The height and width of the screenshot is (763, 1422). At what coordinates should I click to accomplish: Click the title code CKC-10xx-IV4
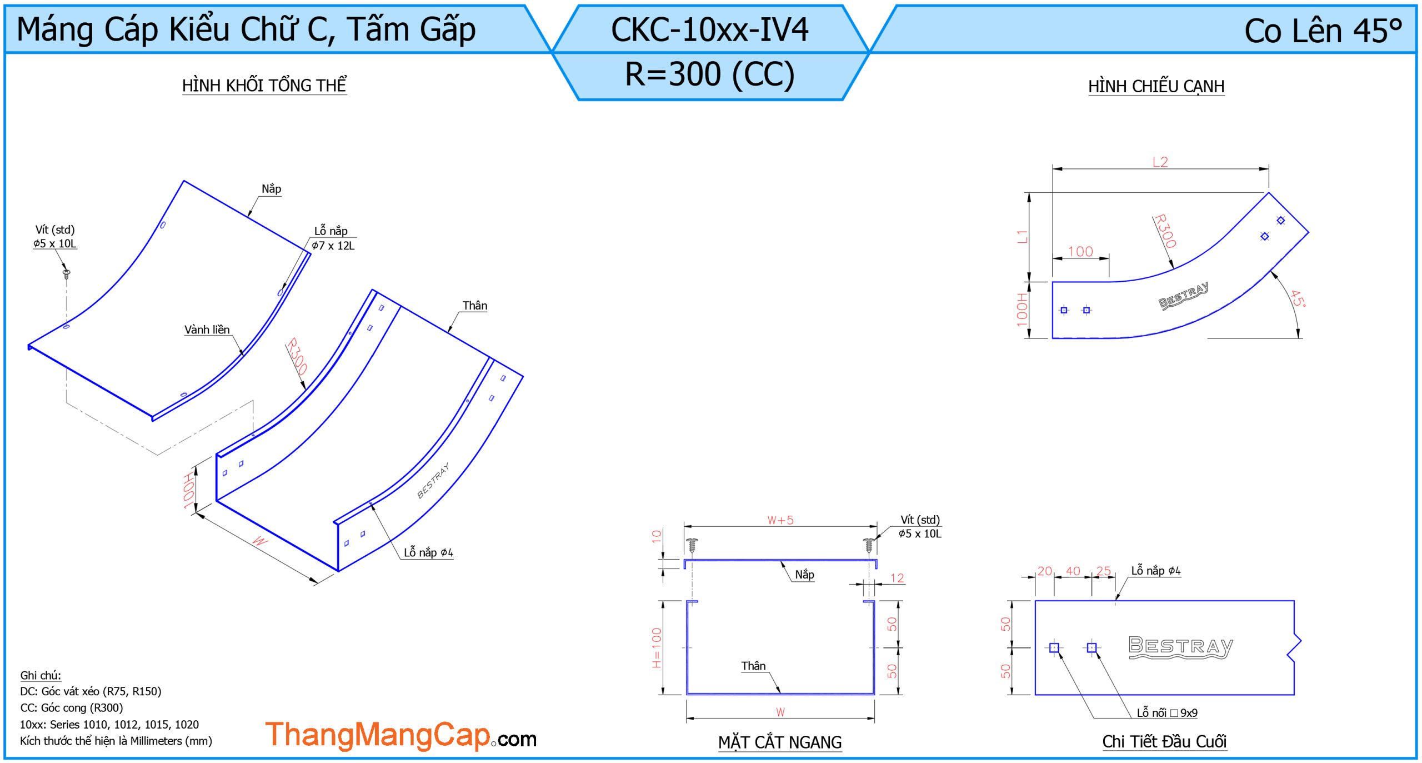tap(709, 30)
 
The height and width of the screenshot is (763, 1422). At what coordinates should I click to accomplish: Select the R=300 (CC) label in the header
tap(710, 74)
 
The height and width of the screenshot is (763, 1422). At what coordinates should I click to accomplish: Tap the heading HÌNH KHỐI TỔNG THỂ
tap(264, 85)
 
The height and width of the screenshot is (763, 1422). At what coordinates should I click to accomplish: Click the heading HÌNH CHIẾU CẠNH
tap(1156, 86)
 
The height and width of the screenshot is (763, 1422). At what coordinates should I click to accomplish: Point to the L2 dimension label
tap(1160, 162)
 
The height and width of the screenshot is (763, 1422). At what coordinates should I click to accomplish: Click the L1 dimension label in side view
tap(1022, 237)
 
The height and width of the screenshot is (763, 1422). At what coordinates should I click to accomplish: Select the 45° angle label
tap(1298, 298)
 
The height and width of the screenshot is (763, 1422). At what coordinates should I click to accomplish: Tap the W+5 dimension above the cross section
tap(780, 520)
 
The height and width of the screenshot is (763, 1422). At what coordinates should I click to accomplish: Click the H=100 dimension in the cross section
tap(657, 648)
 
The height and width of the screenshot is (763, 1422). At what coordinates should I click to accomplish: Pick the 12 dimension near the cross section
tap(897, 578)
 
